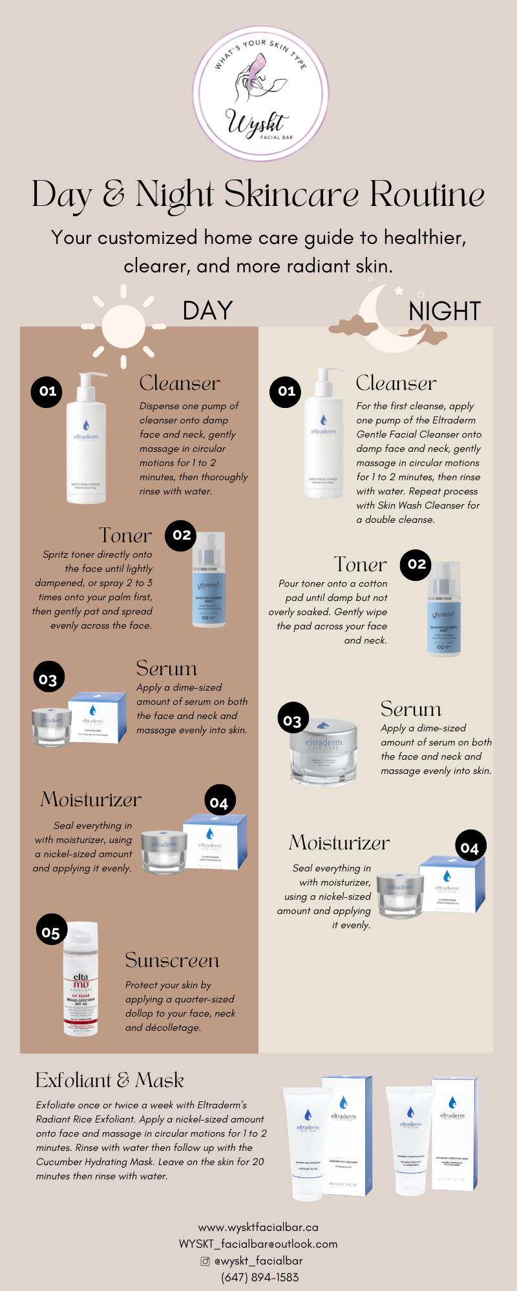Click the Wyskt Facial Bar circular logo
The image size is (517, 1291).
pos(260,90)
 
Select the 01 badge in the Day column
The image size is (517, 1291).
pos(47,391)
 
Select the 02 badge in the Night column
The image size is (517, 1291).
pos(417,564)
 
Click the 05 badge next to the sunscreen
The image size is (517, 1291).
pos(51,931)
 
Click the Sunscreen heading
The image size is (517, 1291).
pos(172,961)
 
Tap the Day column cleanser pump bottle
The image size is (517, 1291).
pos(87,439)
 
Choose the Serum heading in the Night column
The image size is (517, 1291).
pos(411,709)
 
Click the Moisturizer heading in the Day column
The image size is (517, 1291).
pos(90,800)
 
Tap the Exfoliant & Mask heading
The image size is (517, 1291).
pos(109,1081)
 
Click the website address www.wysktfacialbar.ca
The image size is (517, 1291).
pos(258,1227)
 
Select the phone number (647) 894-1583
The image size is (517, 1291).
pos(260,1277)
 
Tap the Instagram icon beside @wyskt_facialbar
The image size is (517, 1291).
pos(206,1261)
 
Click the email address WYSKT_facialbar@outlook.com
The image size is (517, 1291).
pos(258,1244)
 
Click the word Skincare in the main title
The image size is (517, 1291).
pos(291,194)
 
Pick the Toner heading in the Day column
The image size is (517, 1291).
pos(125,535)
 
